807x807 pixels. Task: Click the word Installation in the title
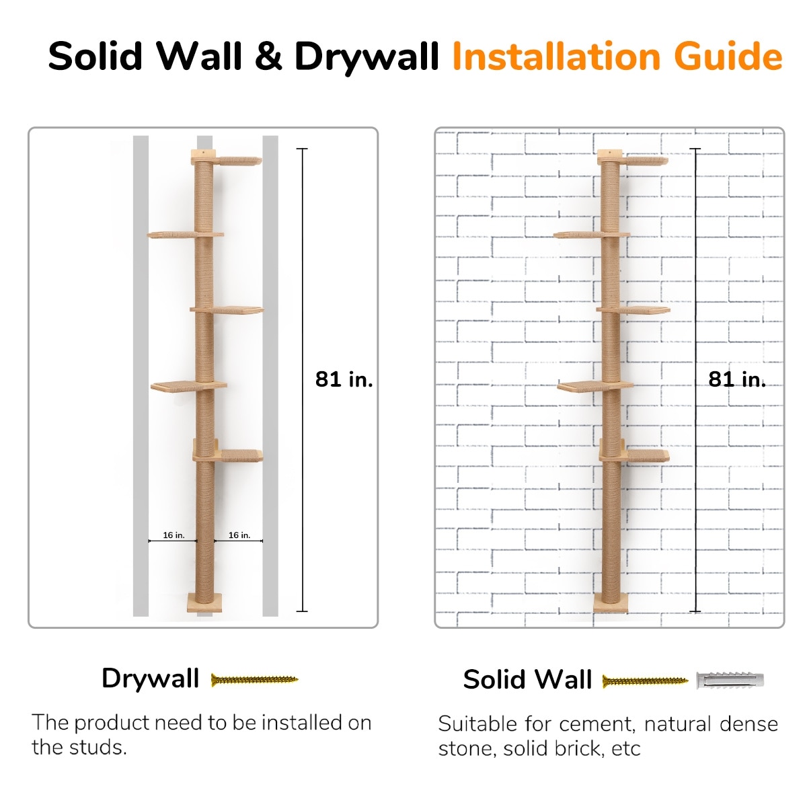point(558,56)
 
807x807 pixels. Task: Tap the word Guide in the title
point(728,56)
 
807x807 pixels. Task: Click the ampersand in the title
point(268,56)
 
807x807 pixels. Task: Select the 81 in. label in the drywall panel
point(344,379)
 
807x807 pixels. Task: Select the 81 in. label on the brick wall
point(737,379)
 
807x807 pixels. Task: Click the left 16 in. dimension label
point(174,535)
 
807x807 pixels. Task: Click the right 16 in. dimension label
point(239,535)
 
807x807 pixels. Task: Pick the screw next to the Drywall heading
point(255,679)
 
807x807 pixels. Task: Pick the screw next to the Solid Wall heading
point(646,681)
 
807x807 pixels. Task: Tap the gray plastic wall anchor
point(730,680)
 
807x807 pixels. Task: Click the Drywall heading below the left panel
point(150,679)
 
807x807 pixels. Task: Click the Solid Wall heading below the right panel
point(528,679)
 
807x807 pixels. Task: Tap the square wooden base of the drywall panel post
point(204,603)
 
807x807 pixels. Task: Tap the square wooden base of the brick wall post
point(611,603)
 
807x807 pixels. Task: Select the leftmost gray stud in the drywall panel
point(141,376)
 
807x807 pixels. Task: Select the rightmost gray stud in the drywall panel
point(270,376)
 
